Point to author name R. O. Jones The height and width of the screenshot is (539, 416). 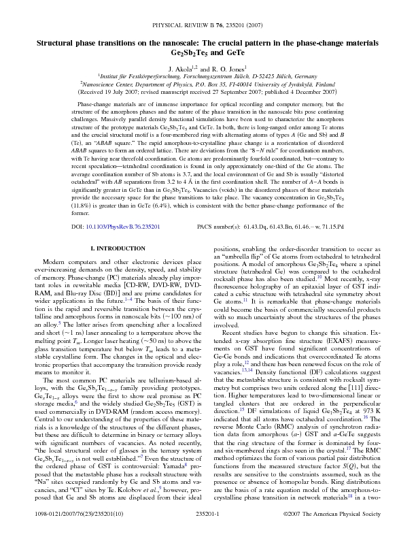(x=230, y=68)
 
